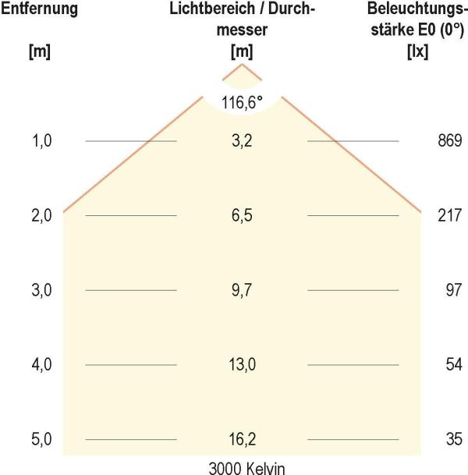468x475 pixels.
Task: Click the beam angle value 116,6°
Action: coord(242,101)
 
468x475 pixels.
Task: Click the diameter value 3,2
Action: coord(242,141)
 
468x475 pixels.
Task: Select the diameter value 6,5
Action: coord(242,215)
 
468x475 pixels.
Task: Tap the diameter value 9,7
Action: coord(242,290)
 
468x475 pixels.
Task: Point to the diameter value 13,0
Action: coord(242,364)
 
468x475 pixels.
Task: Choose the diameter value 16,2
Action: coord(242,439)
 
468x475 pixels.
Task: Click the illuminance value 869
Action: coord(451,141)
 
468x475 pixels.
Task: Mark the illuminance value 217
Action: coord(451,215)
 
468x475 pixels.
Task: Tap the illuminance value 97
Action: coord(454,290)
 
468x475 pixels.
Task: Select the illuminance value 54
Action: coord(454,364)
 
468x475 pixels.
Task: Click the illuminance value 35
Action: coord(454,439)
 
